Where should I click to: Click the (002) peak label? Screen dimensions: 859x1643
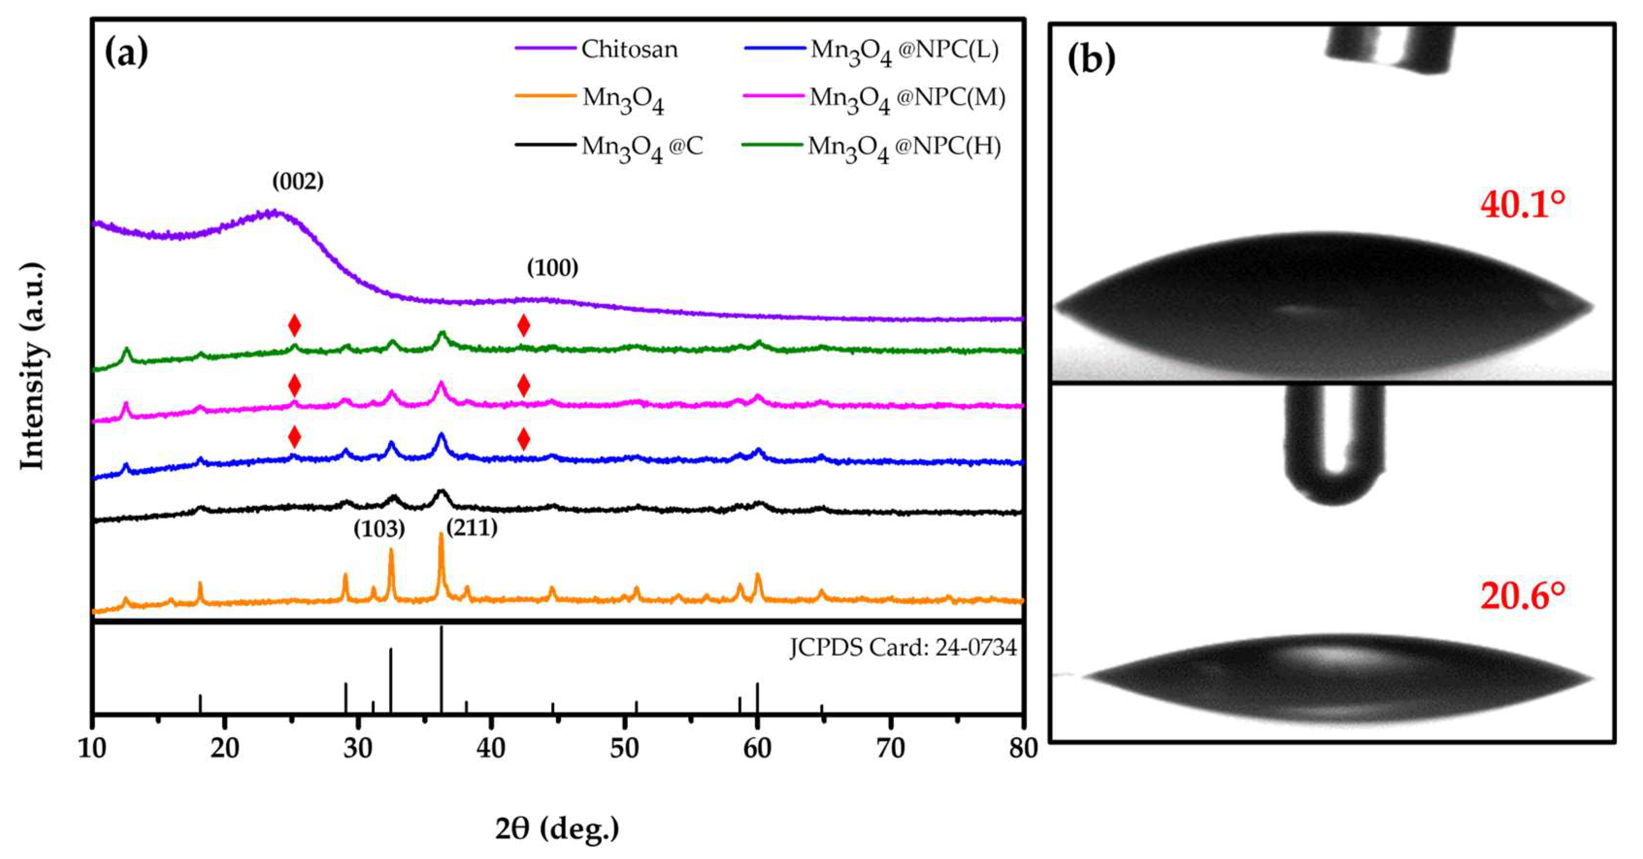298,182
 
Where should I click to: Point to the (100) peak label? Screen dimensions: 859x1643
552,268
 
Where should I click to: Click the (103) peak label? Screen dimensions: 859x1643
379,528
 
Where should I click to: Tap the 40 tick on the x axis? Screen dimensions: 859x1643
491,748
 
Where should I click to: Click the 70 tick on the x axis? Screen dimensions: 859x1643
890,748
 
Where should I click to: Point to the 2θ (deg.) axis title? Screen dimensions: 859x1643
557,828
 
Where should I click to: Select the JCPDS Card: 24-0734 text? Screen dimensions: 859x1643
903,647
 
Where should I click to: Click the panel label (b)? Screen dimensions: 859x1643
1091,59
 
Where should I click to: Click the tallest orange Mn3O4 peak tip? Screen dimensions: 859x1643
441,534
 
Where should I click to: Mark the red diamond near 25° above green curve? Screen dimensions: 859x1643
294,325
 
